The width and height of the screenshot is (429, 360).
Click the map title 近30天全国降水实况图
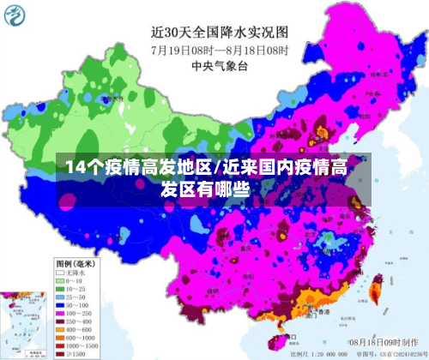point(220,32)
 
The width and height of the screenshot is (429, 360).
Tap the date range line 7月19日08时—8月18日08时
point(220,49)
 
